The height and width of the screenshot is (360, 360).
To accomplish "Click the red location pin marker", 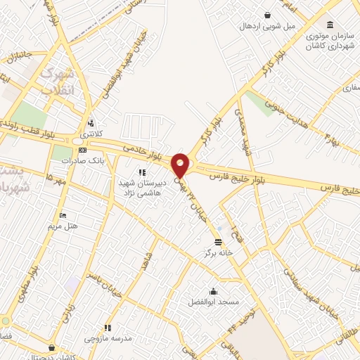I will pos(180,164).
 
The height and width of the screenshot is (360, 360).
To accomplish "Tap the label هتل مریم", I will pos(63,226).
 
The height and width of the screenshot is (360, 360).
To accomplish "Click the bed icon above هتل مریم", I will pos(63,215).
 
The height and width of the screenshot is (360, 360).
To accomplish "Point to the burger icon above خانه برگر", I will pos(217,241).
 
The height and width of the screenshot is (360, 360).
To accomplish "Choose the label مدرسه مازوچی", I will pos(108,338).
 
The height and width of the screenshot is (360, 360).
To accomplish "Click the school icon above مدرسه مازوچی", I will pos(108,328).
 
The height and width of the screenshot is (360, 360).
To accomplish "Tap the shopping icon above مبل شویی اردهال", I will pos(267,15).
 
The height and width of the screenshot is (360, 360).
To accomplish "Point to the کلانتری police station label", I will pos(91,133).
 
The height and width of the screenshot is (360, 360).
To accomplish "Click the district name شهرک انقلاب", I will pos(57,82).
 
